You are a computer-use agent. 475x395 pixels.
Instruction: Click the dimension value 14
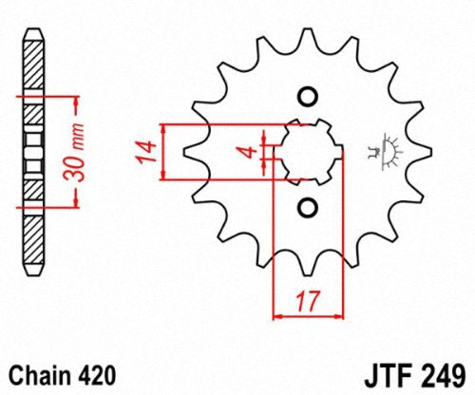pos(147,151)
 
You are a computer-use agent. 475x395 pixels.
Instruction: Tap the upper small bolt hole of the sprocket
pos(306,97)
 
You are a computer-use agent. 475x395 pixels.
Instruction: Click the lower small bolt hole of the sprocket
pos(306,206)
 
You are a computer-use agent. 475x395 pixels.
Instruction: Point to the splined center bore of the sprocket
pos(306,151)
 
